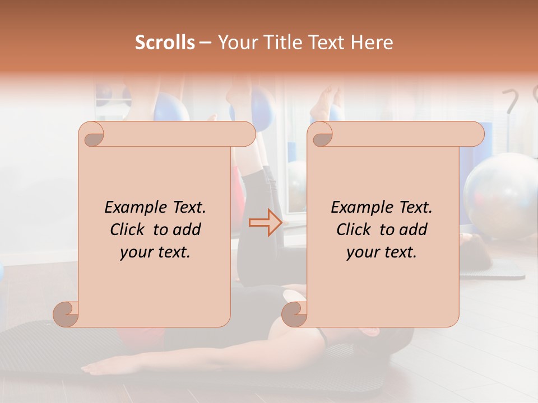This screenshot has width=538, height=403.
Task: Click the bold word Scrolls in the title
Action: tap(165, 43)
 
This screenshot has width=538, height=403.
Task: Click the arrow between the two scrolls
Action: tap(266, 222)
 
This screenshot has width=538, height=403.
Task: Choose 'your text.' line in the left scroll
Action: tap(155, 252)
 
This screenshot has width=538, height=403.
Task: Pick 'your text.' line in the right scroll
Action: tap(382, 252)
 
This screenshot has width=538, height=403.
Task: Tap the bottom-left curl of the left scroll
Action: tap(66, 313)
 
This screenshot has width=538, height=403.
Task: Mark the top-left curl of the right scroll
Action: tap(322, 135)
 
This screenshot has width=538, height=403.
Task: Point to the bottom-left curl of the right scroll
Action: tap(294, 313)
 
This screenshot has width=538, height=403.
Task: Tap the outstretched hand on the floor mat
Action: tap(95, 368)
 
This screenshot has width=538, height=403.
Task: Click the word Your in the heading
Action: tap(238, 43)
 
